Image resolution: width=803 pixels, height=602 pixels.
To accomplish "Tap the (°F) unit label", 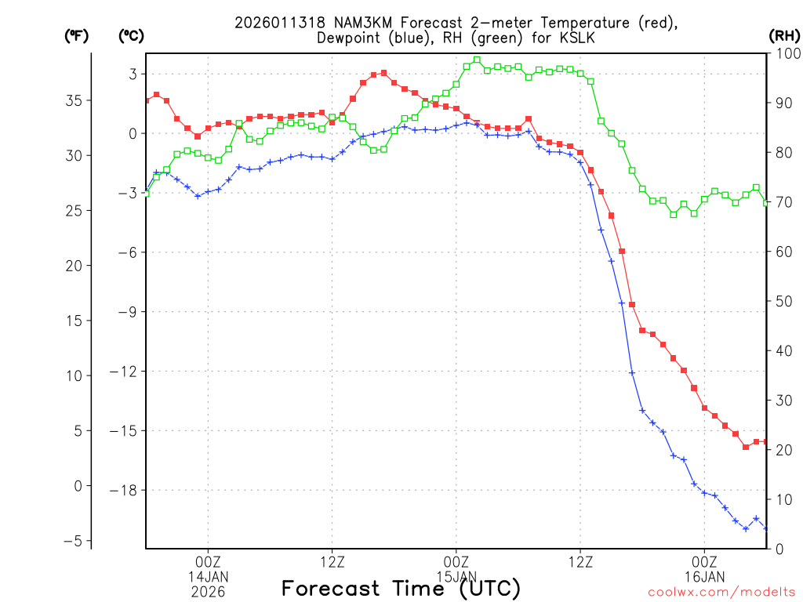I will click(77, 35).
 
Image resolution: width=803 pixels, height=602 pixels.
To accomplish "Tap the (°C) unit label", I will click(132, 35).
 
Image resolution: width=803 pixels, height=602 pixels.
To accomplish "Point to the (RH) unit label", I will click(784, 35).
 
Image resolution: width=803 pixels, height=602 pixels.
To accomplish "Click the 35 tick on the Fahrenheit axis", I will click(74, 100).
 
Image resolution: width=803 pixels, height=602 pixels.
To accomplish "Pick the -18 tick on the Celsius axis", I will click(125, 490).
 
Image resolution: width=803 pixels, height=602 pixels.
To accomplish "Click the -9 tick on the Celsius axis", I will click(129, 311).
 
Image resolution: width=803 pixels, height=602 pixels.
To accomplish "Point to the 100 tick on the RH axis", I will click(785, 53).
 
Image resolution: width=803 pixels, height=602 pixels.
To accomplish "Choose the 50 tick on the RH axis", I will click(782, 301).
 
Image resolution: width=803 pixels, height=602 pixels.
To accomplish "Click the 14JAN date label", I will click(208, 577).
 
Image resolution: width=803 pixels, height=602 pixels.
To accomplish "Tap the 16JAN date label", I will click(704, 577).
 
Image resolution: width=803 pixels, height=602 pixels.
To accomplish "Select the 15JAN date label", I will click(456, 577).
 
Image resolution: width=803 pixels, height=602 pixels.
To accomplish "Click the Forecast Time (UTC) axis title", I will click(401, 589).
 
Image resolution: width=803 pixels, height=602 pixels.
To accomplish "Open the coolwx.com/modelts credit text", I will click(721, 591).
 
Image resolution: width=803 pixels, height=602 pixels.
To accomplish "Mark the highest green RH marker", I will click(477, 60).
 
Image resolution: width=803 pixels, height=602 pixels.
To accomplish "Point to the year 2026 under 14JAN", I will click(208, 592).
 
